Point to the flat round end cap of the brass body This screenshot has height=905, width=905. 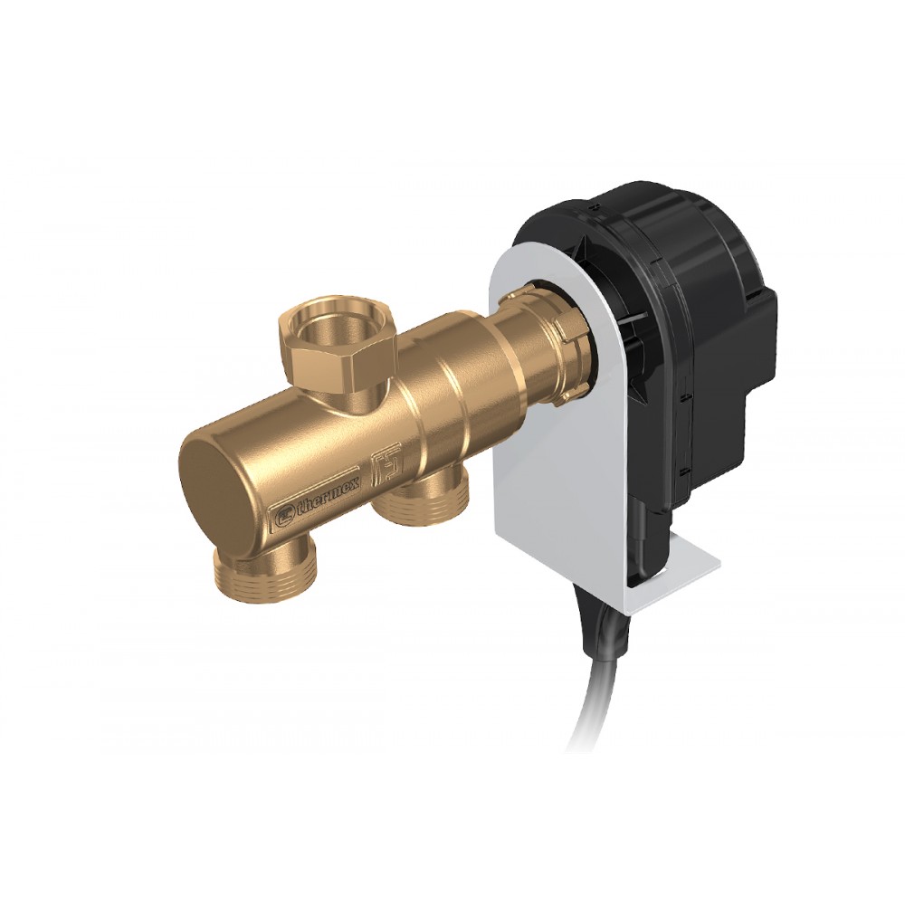tap(213, 486)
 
